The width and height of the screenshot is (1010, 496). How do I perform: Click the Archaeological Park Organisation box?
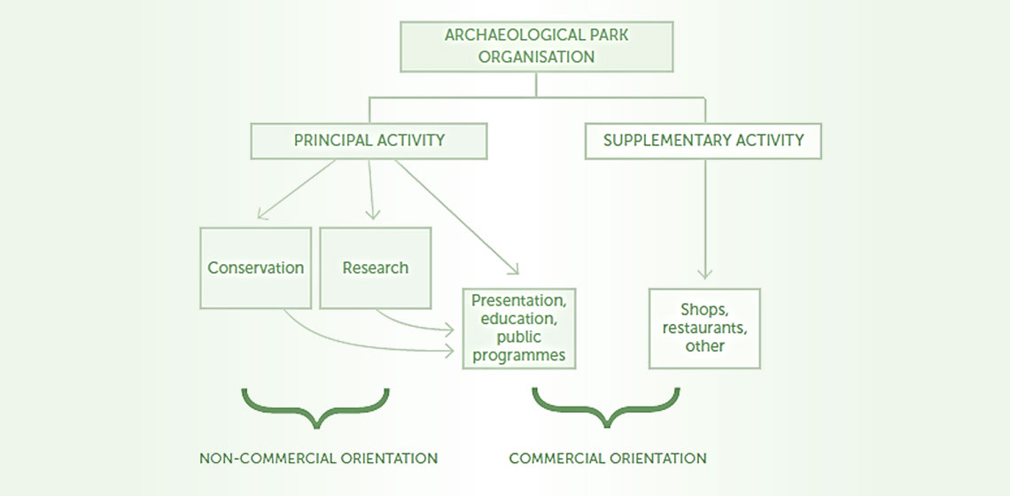point(537,46)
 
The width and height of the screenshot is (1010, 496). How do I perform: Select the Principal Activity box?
point(369,141)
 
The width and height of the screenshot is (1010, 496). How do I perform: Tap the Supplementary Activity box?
point(703,141)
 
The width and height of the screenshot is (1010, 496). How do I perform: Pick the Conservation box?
point(255,267)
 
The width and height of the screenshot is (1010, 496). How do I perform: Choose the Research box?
point(375,267)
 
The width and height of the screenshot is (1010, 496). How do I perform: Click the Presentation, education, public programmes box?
point(519,328)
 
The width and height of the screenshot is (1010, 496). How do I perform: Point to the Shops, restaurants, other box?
point(704,328)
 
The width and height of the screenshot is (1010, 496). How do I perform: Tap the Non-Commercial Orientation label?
point(318,459)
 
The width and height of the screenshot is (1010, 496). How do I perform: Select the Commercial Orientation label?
point(607,459)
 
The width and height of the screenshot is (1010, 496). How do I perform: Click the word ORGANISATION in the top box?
point(537,56)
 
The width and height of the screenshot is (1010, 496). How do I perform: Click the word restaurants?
point(704,328)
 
